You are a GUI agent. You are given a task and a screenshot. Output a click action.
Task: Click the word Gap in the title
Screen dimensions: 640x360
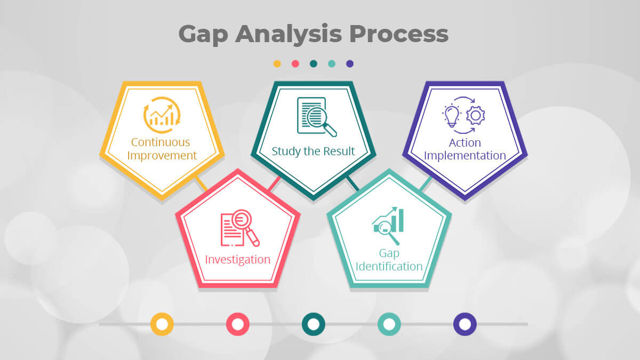pos(203,35)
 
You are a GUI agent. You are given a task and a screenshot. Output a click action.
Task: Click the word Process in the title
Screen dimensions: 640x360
pos(398,34)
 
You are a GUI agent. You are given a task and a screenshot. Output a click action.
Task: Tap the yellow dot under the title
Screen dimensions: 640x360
pos(277,63)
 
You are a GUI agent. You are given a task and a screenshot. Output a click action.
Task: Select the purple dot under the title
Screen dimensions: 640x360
pos(350,63)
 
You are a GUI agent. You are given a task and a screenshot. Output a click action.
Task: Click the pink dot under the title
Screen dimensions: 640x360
pos(295,63)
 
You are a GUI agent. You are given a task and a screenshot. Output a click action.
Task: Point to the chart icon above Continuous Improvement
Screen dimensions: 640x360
pos(162,115)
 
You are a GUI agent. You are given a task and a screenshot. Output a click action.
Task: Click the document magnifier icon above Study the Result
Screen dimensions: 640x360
pos(317,117)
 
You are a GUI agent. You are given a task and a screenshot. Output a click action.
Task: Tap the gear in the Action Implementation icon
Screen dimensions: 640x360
pos(475,115)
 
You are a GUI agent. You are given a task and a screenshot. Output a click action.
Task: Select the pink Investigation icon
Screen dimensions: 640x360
pos(240,228)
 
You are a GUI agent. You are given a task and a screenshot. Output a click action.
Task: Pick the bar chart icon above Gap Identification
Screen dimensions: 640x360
pos(388,226)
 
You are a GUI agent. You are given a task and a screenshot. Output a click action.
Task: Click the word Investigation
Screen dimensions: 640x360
pos(238,259)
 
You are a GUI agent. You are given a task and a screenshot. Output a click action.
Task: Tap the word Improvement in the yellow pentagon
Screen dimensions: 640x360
pos(162,156)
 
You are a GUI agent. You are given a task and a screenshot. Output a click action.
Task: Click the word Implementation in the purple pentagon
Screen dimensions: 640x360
pos(465,156)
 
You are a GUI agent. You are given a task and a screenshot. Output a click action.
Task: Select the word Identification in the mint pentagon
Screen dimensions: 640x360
pos(389,266)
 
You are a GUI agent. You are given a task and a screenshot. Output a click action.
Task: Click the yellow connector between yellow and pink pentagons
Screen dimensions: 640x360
pos(201,183)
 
